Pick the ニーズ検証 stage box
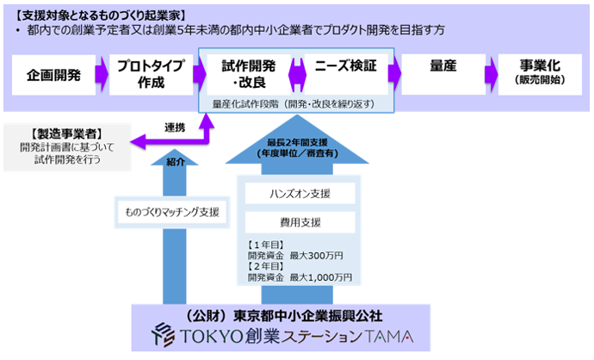[x=345, y=75]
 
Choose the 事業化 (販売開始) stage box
[x=541, y=75]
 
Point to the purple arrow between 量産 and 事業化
[x=492, y=75]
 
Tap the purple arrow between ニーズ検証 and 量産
[x=393, y=75]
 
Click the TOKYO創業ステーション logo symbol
[x=161, y=334]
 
